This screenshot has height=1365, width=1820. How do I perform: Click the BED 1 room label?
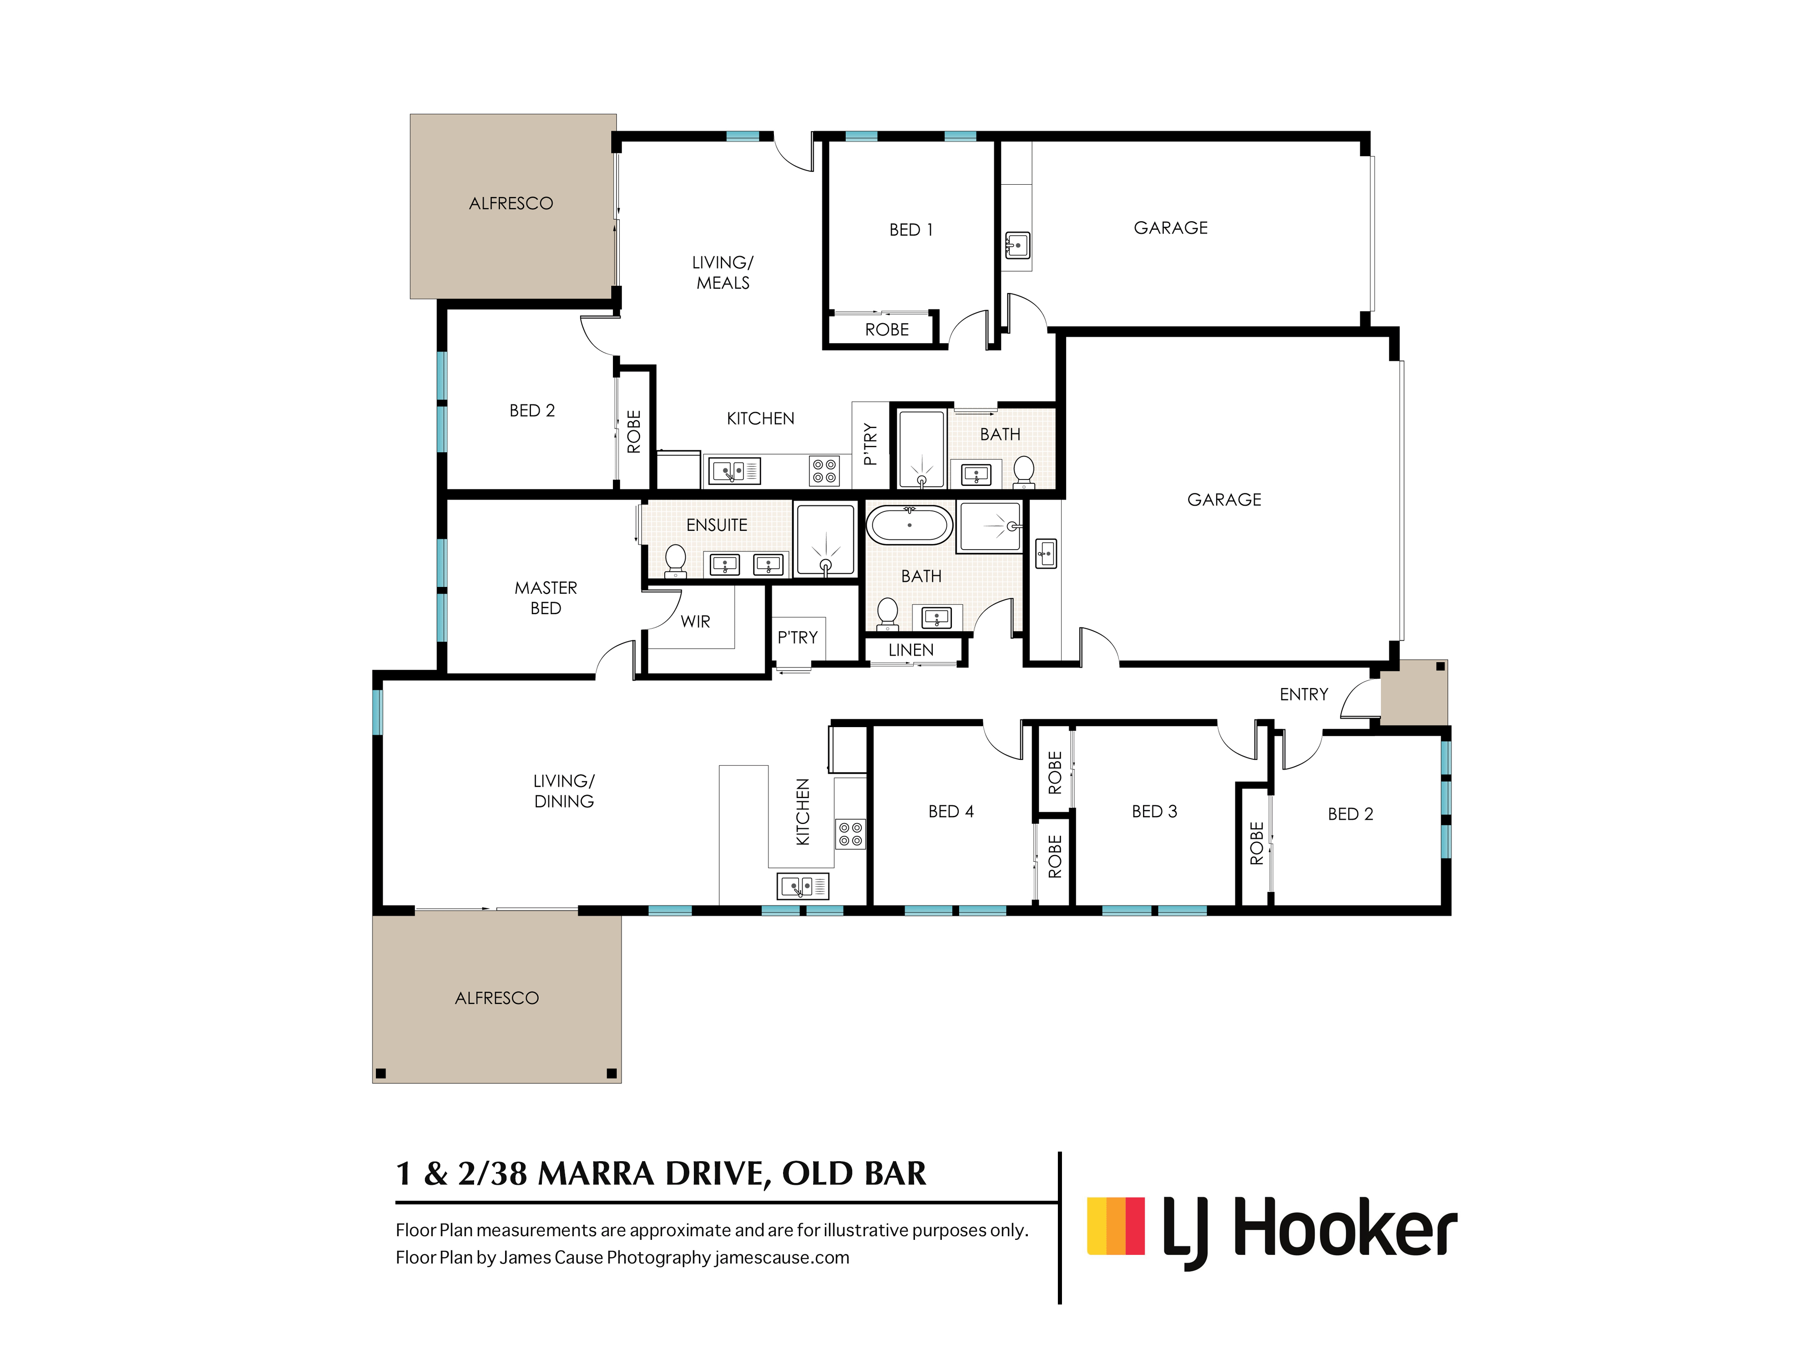[911, 230]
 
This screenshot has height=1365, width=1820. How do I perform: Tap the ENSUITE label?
[717, 525]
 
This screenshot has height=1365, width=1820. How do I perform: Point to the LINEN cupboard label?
[911, 650]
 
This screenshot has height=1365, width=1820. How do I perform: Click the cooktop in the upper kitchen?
[824, 470]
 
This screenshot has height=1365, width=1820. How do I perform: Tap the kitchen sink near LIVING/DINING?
[802, 886]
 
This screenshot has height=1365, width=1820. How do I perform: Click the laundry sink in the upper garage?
[1018, 245]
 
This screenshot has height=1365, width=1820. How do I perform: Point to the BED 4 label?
[950, 811]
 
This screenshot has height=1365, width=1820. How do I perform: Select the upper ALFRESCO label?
[511, 203]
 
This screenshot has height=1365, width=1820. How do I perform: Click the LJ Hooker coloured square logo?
[1116, 1226]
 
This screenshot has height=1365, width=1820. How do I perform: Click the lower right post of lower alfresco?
[612, 1073]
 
